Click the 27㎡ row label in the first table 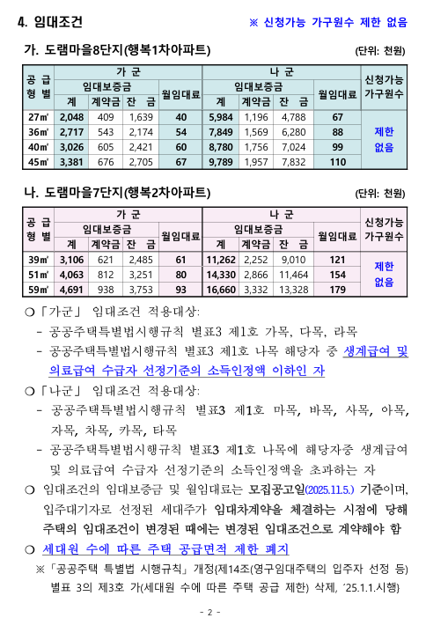pyautogui.click(x=38, y=116)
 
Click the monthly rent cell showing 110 pyautogui.click(x=337, y=161)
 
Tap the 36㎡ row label pyautogui.click(x=38, y=131)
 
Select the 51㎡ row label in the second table pyautogui.click(x=38, y=274)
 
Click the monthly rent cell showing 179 pyautogui.click(x=337, y=289)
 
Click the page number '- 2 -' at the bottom pyautogui.click(x=211, y=610)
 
